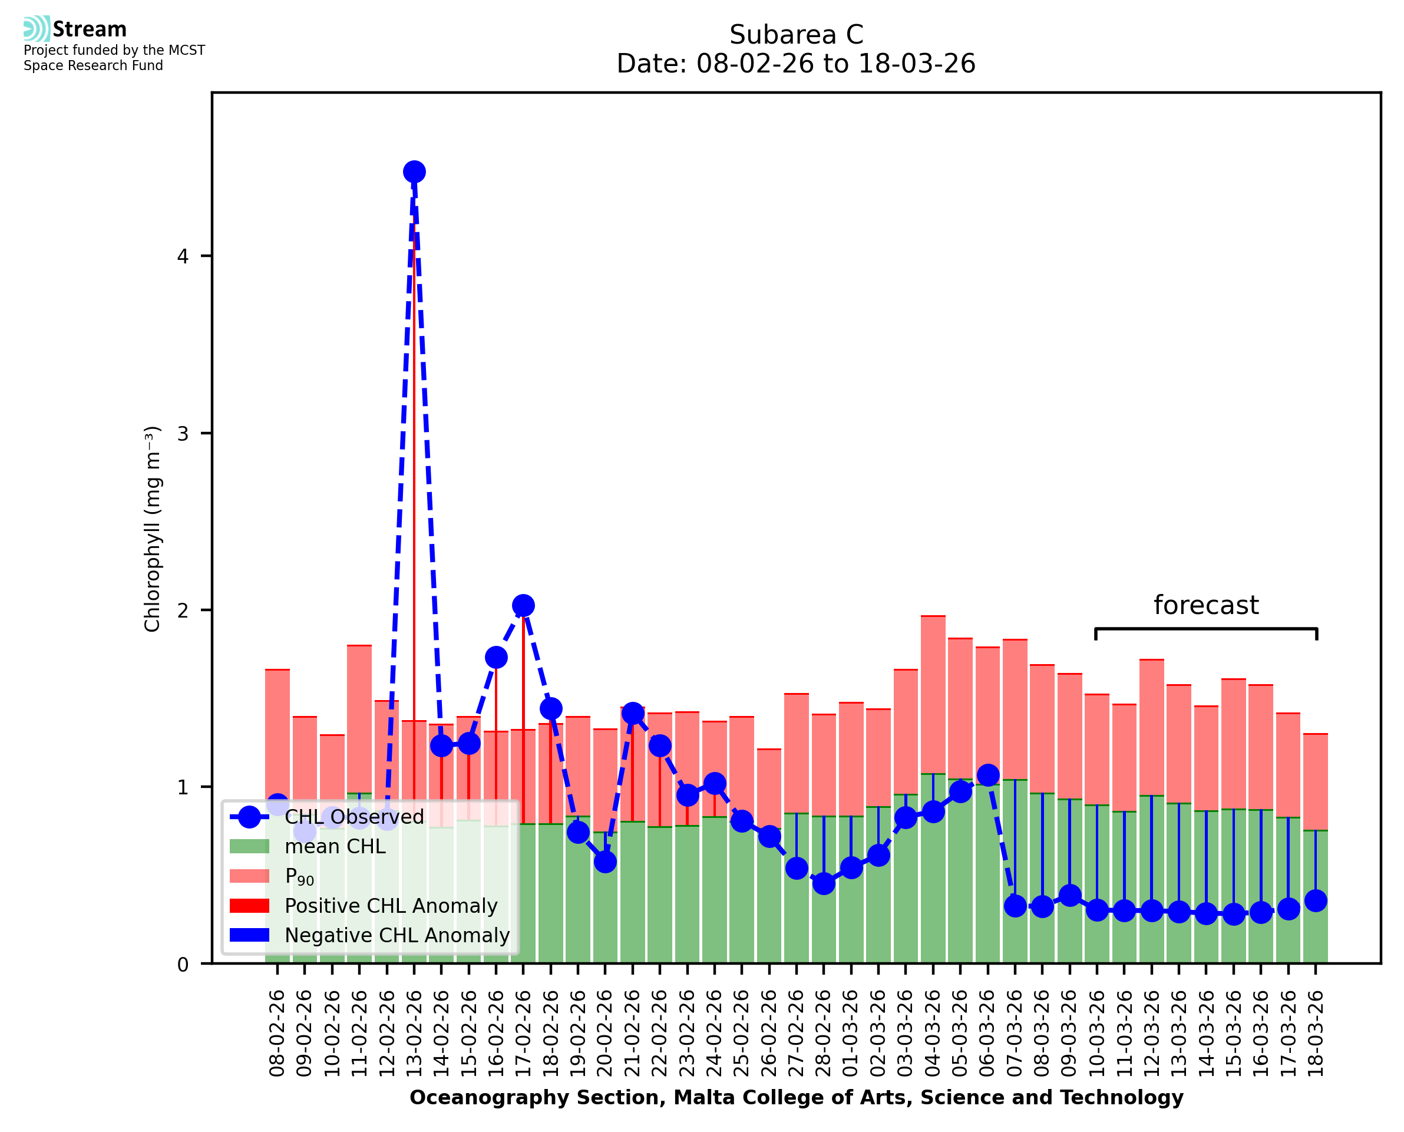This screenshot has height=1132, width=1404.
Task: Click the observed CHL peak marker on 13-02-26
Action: point(414,172)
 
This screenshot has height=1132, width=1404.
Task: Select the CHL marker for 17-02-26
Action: point(523,606)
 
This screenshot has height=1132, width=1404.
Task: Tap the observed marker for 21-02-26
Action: point(632,714)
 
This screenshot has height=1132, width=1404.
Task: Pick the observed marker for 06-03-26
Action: point(987,775)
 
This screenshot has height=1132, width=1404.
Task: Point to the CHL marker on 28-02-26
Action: point(823,883)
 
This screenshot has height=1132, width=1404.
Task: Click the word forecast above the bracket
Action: point(1205,605)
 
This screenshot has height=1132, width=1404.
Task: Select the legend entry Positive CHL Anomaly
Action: point(391,906)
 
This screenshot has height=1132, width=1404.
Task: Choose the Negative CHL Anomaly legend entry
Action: point(397,935)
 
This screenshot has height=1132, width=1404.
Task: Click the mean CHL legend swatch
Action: point(249,846)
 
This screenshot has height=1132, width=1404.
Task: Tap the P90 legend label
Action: point(299,876)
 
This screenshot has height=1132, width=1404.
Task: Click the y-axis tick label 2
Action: point(183,610)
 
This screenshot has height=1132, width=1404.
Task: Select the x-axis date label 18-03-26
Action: point(1316,1034)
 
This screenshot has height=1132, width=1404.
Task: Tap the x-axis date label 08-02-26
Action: point(277,1034)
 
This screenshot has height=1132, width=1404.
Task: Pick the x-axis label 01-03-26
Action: point(851,1034)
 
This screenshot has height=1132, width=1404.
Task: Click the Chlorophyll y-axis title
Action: point(152,529)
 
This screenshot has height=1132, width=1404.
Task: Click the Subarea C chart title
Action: point(796,35)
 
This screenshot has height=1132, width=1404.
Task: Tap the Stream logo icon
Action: point(37,29)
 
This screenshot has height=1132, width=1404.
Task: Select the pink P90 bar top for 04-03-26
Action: point(933,617)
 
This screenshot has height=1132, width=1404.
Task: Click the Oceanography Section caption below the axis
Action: point(796,1097)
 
